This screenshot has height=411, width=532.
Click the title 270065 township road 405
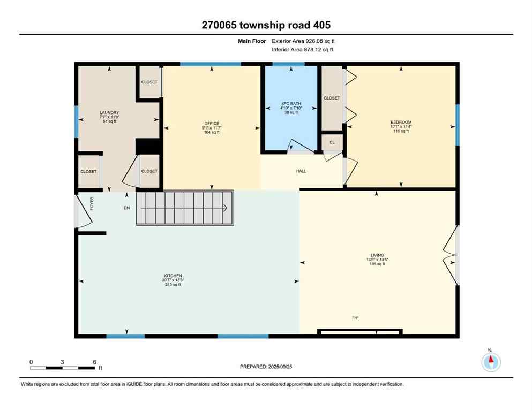point(266,25)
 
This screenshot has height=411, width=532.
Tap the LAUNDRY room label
point(108,112)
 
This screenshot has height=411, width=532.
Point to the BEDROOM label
point(401,123)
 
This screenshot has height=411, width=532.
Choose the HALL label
point(302,171)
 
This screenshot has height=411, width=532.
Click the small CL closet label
point(332,142)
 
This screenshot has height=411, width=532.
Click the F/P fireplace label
point(355,318)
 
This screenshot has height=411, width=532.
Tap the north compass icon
point(491,362)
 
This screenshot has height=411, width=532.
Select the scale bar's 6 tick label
point(94,362)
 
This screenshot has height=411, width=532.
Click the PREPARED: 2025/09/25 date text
point(266,367)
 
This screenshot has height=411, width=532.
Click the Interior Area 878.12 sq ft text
point(303,50)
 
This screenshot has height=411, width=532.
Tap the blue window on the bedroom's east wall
point(457,125)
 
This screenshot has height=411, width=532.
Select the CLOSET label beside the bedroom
point(332,98)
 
